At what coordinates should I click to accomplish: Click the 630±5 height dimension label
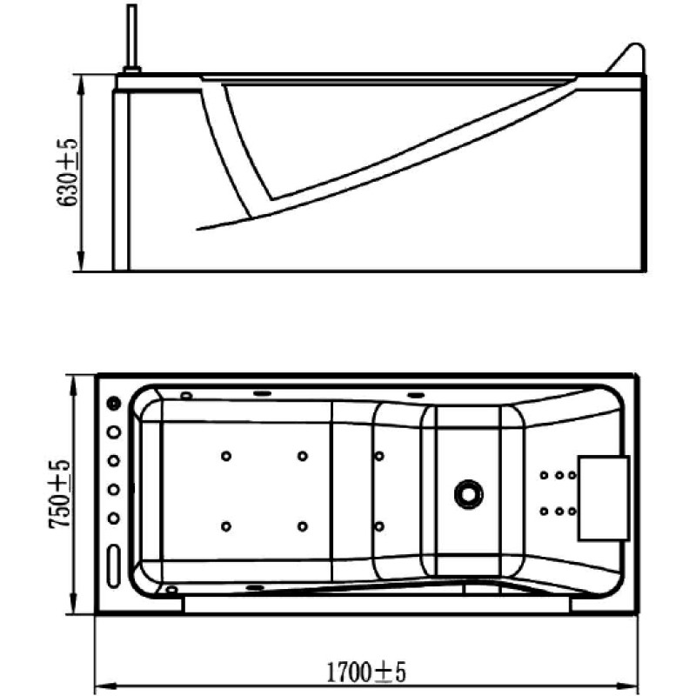(x=67, y=172)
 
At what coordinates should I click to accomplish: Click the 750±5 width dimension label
(x=60, y=494)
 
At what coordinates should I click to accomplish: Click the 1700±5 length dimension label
(x=366, y=673)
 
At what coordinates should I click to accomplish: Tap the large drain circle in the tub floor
(x=469, y=493)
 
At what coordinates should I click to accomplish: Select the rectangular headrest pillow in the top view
(x=604, y=498)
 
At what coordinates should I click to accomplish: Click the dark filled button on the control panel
(x=114, y=403)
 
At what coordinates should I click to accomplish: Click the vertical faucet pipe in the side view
(x=132, y=36)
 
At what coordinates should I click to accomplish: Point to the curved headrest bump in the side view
(x=626, y=57)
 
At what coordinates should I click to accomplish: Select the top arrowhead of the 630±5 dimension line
(x=81, y=85)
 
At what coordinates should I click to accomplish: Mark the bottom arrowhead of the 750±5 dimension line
(x=74, y=604)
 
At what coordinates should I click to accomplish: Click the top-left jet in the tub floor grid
(x=226, y=456)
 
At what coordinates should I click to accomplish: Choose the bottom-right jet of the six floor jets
(x=379, y=526)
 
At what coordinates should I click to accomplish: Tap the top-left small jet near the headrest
(x=544, y=475)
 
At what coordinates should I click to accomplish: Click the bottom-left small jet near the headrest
(x=544, y=512)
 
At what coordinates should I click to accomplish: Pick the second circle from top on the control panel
(x=114, y=432)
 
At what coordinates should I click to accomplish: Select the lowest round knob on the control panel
(x=114, y=518)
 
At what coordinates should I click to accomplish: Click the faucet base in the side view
(x=132, y=70)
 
